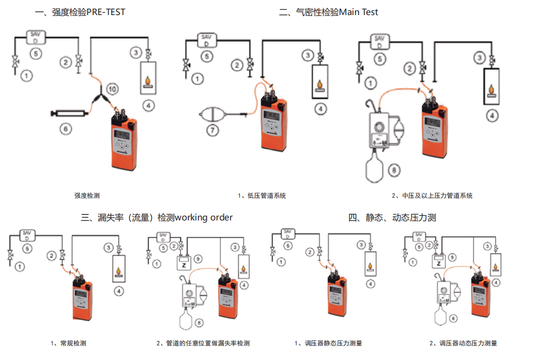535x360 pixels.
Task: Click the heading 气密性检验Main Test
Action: [x=328, y=12]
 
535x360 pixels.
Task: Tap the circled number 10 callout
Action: [x=113, y=89]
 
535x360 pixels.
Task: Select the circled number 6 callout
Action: [x=65, y=129]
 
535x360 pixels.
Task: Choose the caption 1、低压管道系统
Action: [x=262, y=196]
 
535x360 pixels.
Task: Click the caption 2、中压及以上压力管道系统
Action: [x=432, y=196]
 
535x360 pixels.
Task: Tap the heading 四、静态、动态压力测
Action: [x=392, y=217]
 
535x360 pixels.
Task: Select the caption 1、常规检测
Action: [x=68, y=343]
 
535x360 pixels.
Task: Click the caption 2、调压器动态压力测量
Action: [x=463, y=343]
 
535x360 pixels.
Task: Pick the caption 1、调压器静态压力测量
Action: [x=328, y=343]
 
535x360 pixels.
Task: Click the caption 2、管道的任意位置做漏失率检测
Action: [x=203, y=343]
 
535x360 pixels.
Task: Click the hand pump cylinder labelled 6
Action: [x=70, y=114]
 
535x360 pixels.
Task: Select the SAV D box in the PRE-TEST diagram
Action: [x=35, y=36]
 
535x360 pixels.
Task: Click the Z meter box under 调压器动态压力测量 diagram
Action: [x=439, y=263]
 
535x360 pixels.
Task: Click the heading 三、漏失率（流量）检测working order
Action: [x=157, y=217]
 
